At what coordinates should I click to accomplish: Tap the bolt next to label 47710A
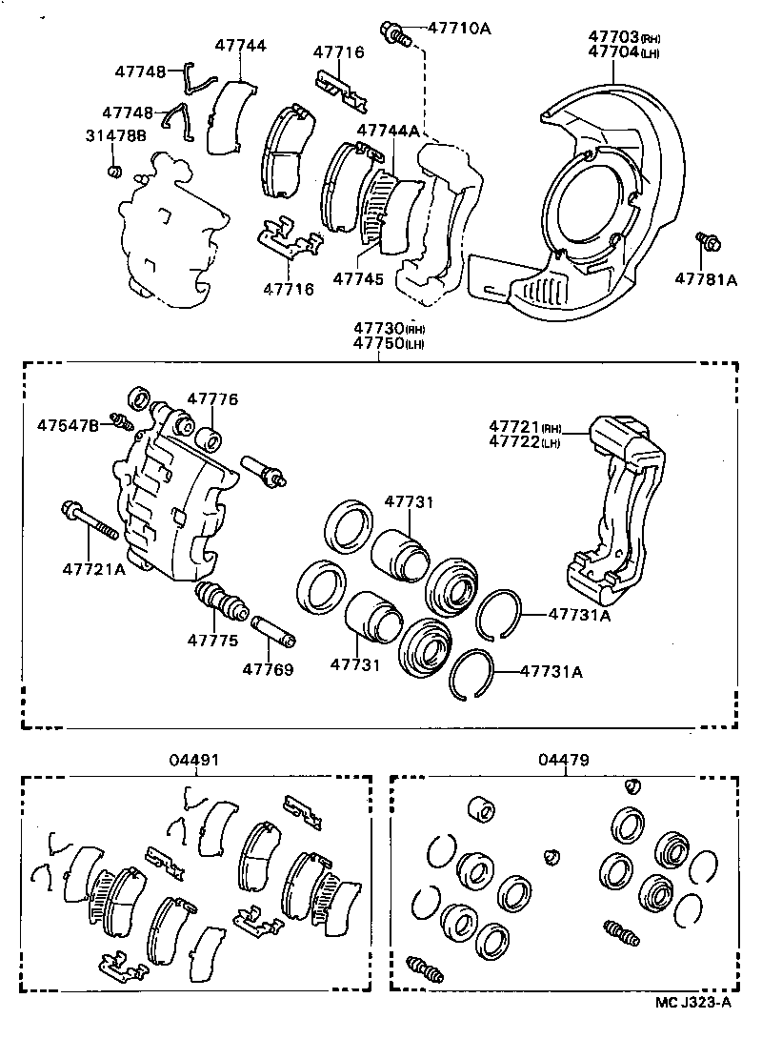point(393,34)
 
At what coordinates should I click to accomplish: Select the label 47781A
point(707,279)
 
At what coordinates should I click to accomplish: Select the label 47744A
point(388,130)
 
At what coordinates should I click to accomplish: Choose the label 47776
point(211,399)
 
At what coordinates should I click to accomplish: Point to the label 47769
point(268,669)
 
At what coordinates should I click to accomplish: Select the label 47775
point(211,640)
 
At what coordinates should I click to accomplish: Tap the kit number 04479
point(563,760)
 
